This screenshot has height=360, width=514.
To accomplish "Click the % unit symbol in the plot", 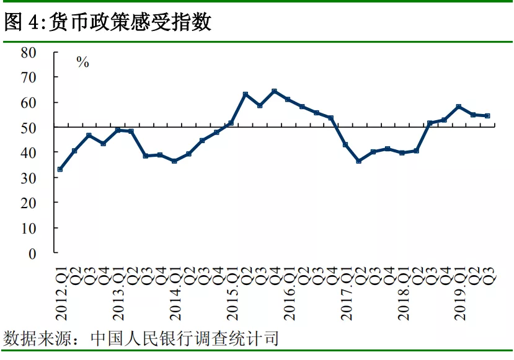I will (x=82, y=62).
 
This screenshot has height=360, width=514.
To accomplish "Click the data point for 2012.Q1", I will (x=60, y=169).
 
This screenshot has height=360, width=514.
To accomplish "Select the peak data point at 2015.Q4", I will (x=274, y=91).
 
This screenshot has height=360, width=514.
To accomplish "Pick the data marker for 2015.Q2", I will (x=246, y=94).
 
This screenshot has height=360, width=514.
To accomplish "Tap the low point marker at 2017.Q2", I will (x=359, y=161).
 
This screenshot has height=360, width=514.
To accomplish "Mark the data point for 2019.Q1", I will (x=458, y=107).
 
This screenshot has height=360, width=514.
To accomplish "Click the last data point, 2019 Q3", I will (x=487, y=115).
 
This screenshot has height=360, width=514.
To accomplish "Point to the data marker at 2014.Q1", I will (x=174, y=161).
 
